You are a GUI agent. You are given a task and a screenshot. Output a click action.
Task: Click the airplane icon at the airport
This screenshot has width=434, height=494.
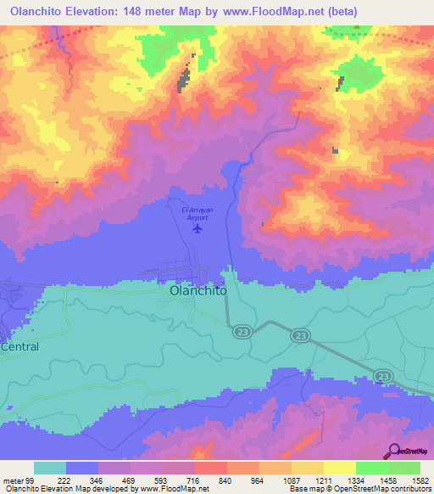click(198, 227)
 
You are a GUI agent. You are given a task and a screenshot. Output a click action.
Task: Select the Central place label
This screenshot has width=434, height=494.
click(19, 347)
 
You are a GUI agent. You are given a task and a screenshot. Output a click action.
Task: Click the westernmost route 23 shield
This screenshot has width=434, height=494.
click(241, 332)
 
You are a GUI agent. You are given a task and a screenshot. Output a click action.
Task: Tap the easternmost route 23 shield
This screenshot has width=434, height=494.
click(383, 375)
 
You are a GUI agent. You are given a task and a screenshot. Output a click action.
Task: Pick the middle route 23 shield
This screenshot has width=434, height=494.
click(301, 337)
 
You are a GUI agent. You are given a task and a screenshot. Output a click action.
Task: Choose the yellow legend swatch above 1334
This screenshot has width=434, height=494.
click(339, 468)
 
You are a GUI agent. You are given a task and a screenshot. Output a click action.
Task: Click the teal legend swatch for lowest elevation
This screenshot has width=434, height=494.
click(50, 468)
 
